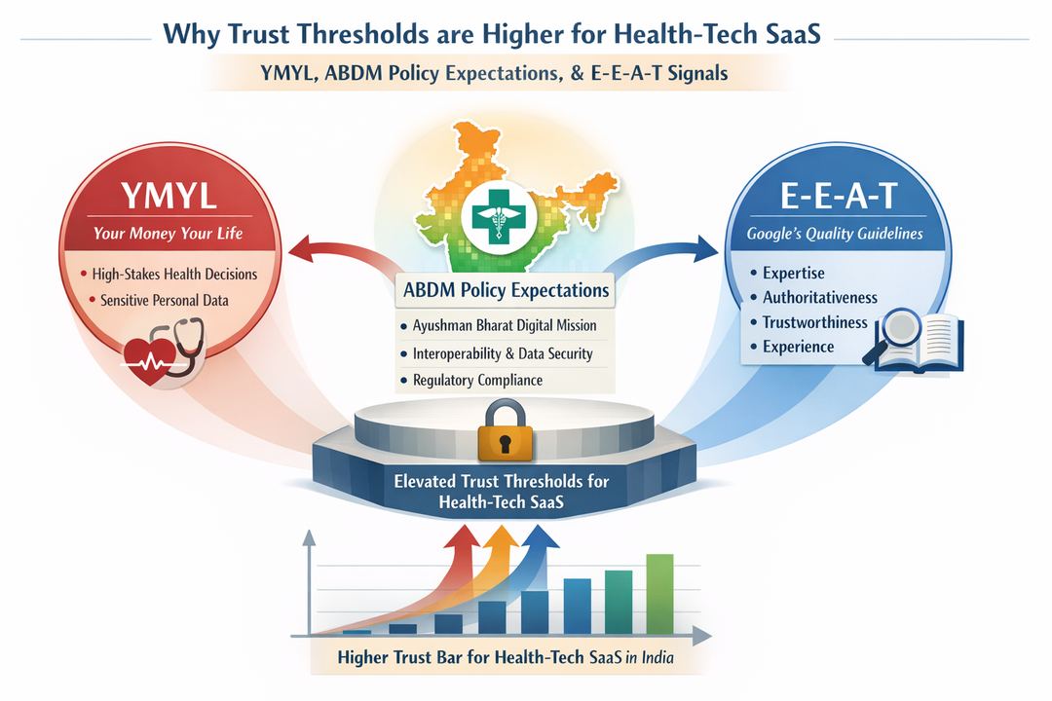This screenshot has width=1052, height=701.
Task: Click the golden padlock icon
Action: click(505, 433)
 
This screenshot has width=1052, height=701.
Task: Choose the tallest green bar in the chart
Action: click(659, 593)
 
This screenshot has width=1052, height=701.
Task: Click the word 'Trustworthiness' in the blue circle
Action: click(814, 322)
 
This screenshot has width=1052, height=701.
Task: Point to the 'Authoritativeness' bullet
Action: click(819, 298)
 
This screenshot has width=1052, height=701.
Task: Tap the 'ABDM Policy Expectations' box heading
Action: click(505, 290)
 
